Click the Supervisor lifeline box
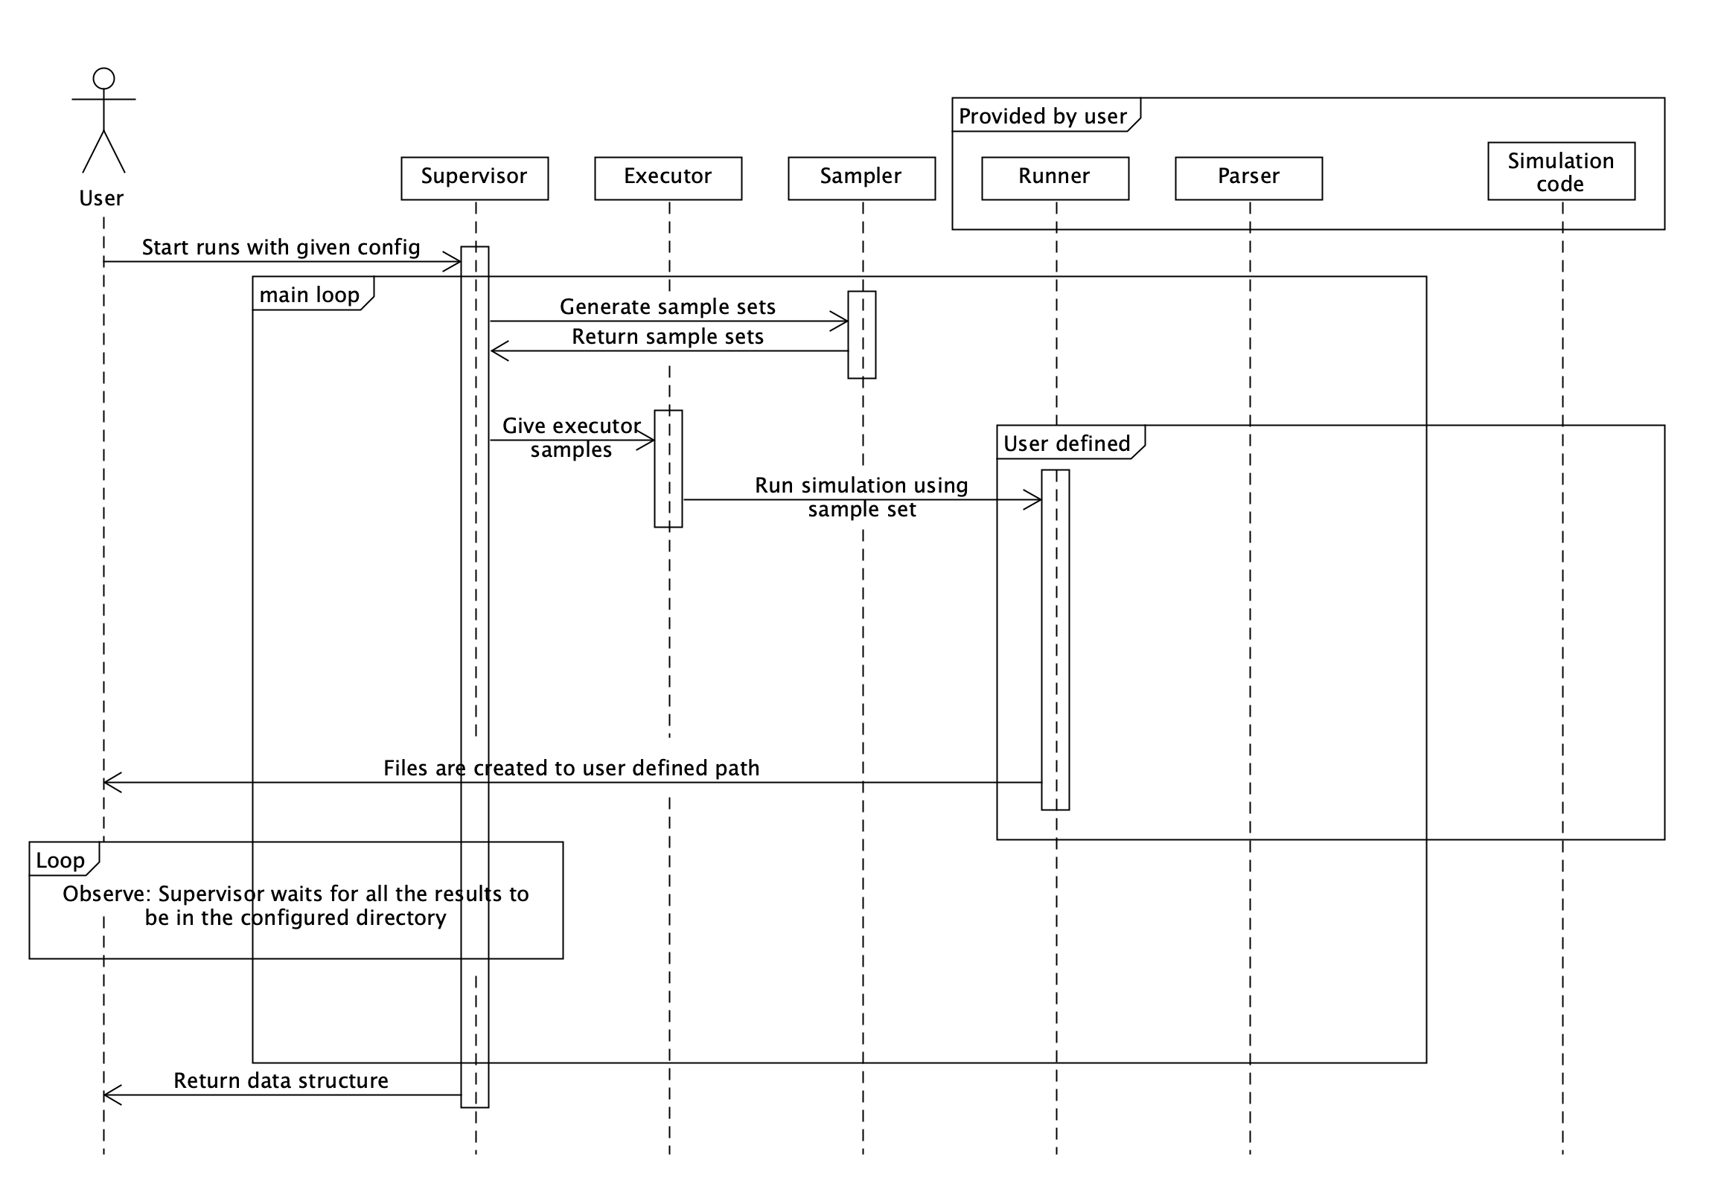click(x=475, y=179)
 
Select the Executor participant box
click(x=668, y=179)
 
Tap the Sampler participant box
click(x=861, y=179)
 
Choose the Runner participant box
click(x=1054, y=179)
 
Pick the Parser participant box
click(x=1248, y=179)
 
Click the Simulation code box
click(x=1560, y=172)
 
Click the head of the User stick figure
click(x=103, y=78)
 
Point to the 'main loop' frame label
click(x=310, y=294)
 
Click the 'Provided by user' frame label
click(x=1042, y=115)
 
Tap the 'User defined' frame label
click(x=1066, y=443)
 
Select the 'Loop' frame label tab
click(x=61, y=860)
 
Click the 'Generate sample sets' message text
click(x=668, y=307)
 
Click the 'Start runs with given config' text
click(x=281, y=247)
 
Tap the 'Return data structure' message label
click(x=281, y=1080)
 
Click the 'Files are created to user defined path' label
click(x=572, y=768)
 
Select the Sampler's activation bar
click(x=861, y=335)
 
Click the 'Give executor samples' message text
click(x=572, y=437)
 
